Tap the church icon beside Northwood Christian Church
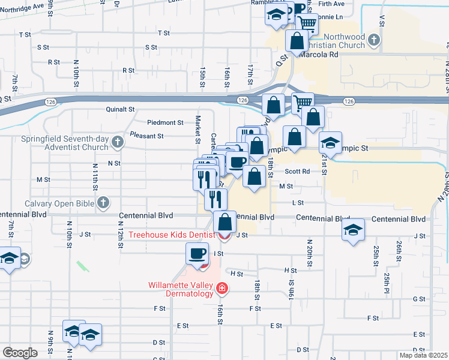[374, 41]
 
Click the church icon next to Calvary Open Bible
[104, 203]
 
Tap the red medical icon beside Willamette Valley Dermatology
[222, 290]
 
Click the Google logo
[20, 353]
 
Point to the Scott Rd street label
[297, 171]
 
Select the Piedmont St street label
[167, 122]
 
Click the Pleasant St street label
[146, 136]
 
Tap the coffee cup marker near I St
[197, 254]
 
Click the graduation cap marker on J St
[353, 230]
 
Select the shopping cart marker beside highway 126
[303, 103]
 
